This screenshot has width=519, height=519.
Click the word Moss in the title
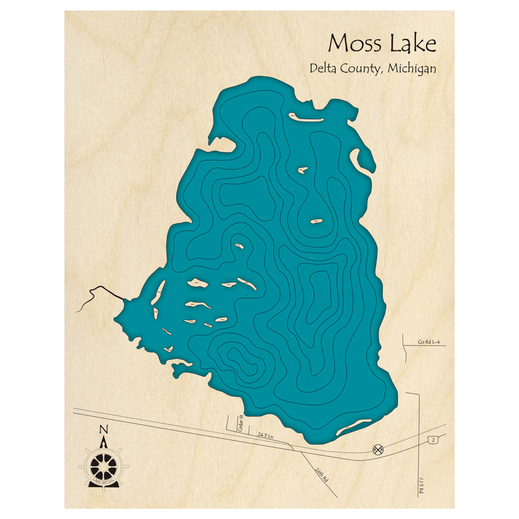pyautogui.click(x=351, y=44)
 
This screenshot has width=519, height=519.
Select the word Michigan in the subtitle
pyautogui.click(x=411, y=69)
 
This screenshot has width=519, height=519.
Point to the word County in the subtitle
pyautogui.click(x=363, y=69)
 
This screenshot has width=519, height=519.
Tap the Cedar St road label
pyautogui.click(x=241, y=422)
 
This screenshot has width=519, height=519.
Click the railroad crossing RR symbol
pyautogui.click(x=378, y=449)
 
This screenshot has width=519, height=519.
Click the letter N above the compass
pyautogui.click(x=104, y=430)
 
